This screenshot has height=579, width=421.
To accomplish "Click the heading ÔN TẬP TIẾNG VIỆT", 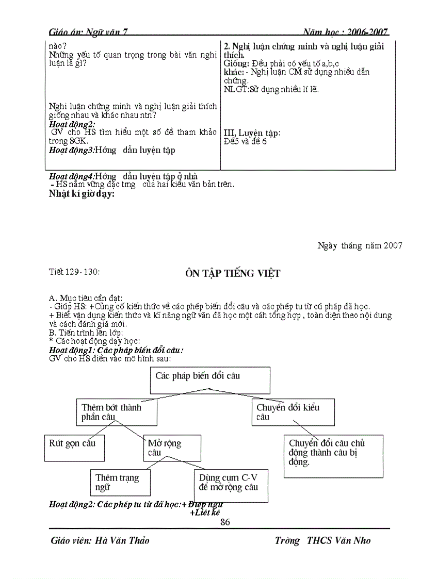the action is [x=233, y=273].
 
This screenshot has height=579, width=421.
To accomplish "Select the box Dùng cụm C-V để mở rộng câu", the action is [x=230, y=485].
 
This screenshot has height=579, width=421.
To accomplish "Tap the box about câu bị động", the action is [x=333, y=456].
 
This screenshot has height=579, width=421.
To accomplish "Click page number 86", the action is [x=225, y=522].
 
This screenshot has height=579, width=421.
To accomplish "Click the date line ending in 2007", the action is [x=360, y=245].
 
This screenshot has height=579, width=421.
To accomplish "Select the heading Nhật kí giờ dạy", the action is [x=82, y=194].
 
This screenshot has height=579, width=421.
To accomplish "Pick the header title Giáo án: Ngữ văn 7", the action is [x=88, y=32].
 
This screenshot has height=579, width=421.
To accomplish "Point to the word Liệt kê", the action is [x=205, y=513].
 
